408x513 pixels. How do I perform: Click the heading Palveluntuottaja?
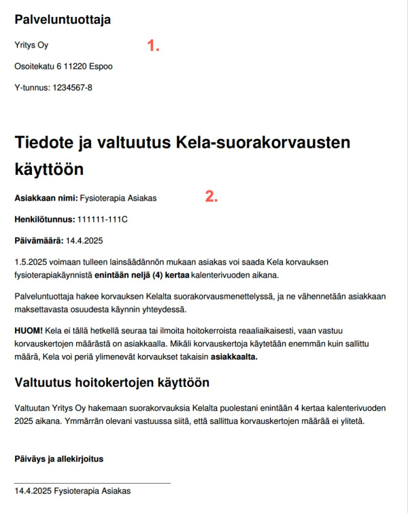(x=63, y=20)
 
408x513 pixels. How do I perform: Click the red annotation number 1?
(x=154, y=46)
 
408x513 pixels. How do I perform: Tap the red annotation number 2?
(x=211, y=197)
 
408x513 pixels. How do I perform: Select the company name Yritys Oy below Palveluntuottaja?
(x=31, y=46)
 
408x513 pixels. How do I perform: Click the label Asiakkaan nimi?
(x=46, y=198)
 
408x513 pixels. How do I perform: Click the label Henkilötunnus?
(x=45, y=220)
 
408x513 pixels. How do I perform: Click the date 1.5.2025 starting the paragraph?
(x=30, y=262)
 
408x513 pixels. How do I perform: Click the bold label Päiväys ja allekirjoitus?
(x=58, y=459)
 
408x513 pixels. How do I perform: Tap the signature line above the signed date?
(x=92, y=483)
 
